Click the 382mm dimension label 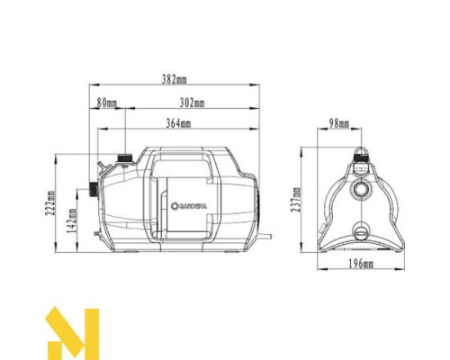(x=175, y=80)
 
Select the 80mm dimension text (x=107, y=103)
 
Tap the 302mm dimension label (x=192, y=103)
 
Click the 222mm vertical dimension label (x=52, y=204)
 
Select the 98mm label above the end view (x=339, y=123)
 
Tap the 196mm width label (x=362, y=264)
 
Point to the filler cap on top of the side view (x=122, y=159)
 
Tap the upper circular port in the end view (x=362, y=190)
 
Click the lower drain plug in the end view (x=362, y=229)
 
